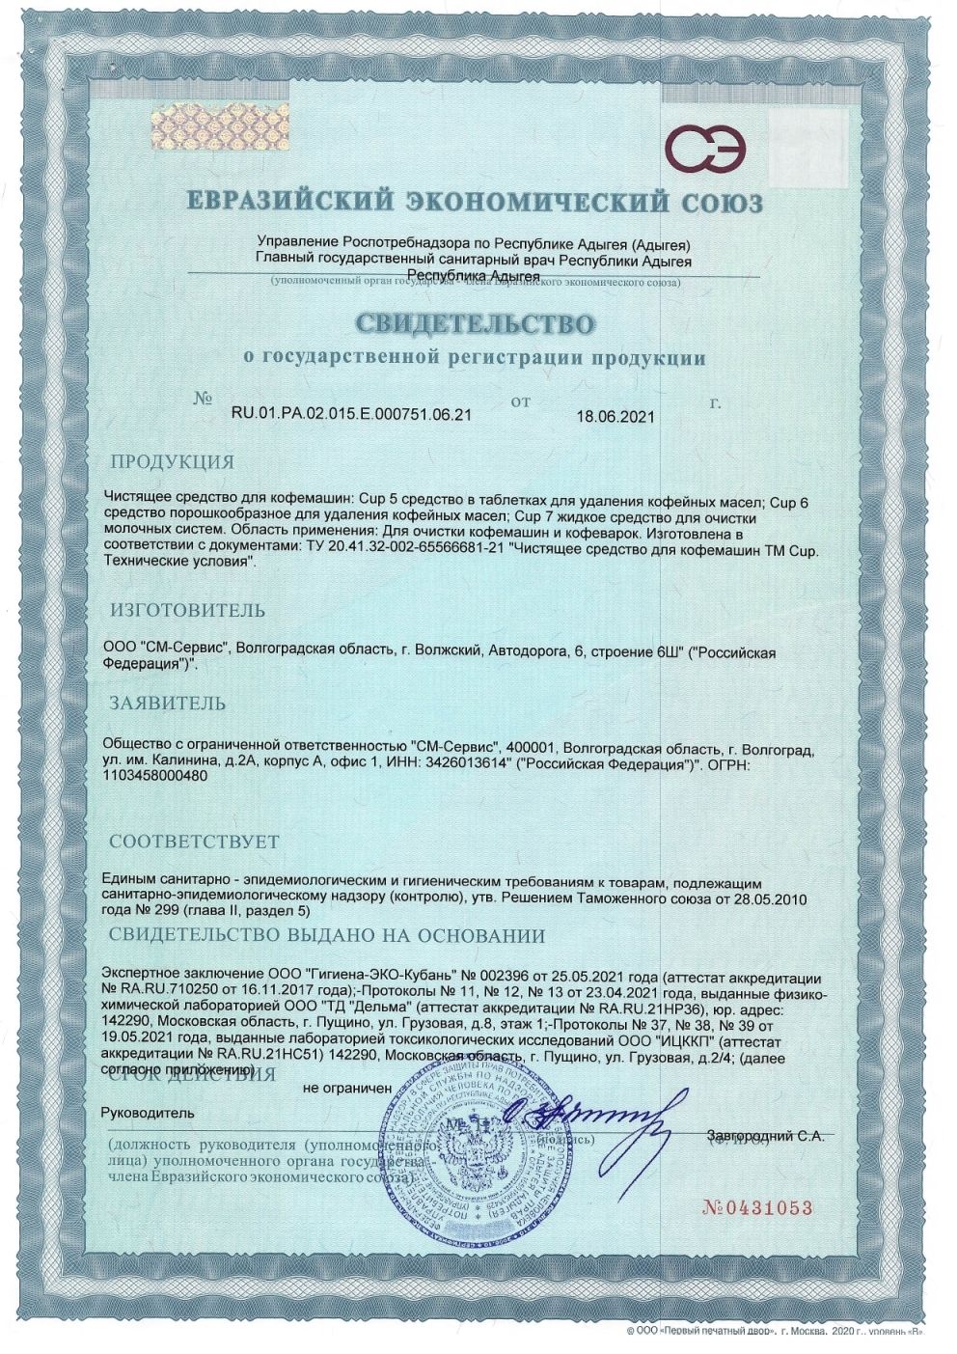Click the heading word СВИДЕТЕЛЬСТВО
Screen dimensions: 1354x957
477,322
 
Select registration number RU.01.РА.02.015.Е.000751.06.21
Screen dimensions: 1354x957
352,416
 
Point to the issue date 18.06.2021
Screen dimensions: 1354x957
615,417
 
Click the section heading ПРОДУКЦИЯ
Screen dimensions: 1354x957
172,460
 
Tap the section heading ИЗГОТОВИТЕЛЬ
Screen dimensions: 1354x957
187,611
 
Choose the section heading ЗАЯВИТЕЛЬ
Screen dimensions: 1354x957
168,703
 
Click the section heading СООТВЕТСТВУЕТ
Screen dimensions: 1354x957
194,842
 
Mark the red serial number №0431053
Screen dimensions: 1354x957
758,1208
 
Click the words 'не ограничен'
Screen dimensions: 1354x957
347,1087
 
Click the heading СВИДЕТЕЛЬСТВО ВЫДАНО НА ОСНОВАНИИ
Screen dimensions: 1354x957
326,935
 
